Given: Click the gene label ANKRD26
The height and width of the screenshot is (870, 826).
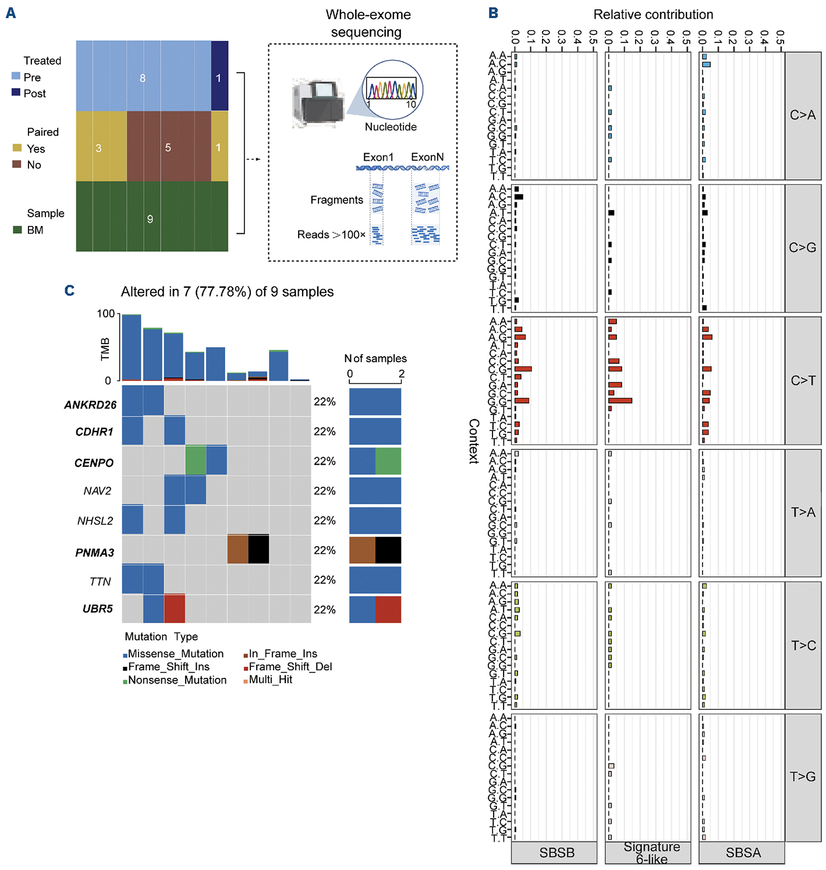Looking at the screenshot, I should [90, 405].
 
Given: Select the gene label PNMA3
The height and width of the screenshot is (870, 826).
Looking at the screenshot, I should [94, 553].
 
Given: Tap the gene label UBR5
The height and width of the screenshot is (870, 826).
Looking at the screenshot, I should [98, 609].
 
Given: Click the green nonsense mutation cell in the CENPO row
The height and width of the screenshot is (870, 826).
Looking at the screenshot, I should [196, 461].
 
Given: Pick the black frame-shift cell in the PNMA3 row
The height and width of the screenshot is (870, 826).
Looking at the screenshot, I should [258, 549].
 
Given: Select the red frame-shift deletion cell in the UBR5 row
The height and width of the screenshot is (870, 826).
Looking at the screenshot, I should [175, 609].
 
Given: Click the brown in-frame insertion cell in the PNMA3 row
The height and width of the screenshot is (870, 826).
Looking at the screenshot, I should [237, 549].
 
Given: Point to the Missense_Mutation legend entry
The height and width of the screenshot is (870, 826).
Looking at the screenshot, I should [175, 654].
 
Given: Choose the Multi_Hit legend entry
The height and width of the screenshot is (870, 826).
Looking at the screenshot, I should [270, 680].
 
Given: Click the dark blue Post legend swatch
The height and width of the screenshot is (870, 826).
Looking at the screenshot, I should [16, 93].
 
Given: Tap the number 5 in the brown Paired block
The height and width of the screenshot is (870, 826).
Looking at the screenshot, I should [168, 147].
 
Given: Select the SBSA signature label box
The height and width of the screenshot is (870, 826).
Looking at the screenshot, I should [743, 853].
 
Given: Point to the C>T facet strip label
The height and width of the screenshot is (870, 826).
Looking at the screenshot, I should [803, 380].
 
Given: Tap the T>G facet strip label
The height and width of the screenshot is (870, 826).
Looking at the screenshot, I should [803, 777].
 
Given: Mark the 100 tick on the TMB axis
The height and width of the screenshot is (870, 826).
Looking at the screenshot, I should [105, 314].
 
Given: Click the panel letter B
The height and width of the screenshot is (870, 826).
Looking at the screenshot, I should [494, 13].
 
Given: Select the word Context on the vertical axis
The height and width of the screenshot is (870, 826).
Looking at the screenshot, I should [474, 441].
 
